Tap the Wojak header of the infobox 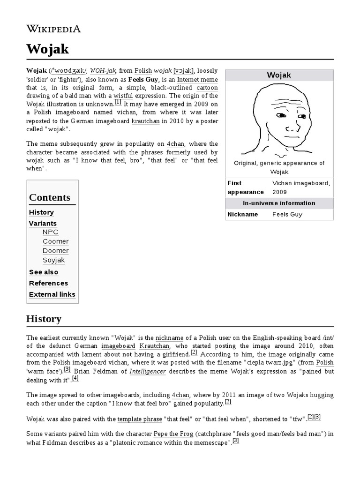[x=279, y=75]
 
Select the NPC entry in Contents [x=50, y=232]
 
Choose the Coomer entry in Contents [x=55, y=241]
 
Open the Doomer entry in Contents [x=55, y=251]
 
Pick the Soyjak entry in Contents [x=53, y=260]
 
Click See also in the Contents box [x=44, y=272]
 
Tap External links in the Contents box [x=52, y=294]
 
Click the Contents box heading [x=50, y=197]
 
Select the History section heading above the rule [x=44, y=319]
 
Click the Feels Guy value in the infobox [x=287, y=214]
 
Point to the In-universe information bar [x=279, y=203]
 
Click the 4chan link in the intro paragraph [x=175, y=143]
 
